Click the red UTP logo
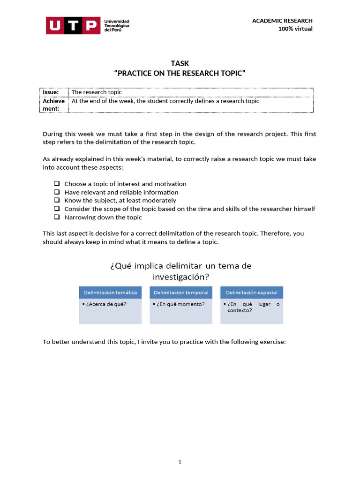(x=73, y=25)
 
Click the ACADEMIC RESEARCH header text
(x=282, y=21)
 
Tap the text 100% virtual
(x=295, y=29)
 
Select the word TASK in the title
(x=180, y=63)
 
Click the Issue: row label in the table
(x=51, y=92)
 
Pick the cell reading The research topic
(x=96, y=92)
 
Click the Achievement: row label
(x=53, y=105)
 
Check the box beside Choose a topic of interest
(x=57, y=184)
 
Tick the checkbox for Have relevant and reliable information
(x=57, y=192)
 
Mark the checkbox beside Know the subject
(x=57, y=201)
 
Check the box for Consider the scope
(x=57, y=209)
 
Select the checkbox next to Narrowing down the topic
(x=57, y=217)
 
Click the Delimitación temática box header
(x=110, y=292)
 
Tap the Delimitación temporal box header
(x=181, y=292)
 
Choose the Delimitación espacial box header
(x=252, y=292)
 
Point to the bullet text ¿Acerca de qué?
(x=106, y=304)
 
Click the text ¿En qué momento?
(x=179, y=304)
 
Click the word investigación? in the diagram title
(x=181, y=277)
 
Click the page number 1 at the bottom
(x=180, y=462)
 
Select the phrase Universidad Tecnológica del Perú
(x=117, y=25)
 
